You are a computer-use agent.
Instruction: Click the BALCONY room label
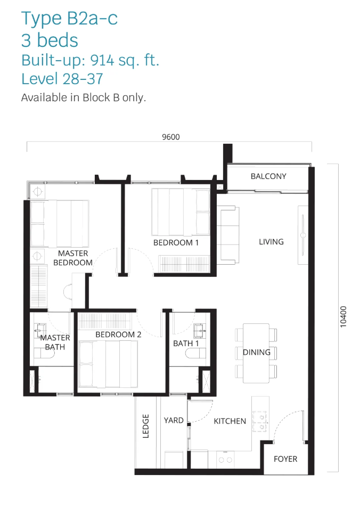click(x=268, y=176)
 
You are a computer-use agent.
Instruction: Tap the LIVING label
click(x=271, y=242)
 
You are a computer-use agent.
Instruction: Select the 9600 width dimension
click(x=171, y=137)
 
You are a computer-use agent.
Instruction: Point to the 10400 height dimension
click(x=343, y=317)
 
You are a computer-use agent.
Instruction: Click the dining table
click(x=256, y=353)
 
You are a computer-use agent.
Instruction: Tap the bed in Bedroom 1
click(x=181, y=212)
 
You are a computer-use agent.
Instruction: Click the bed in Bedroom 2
click(x=108, y=364)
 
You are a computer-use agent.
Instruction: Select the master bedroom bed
click(x=60, y=224)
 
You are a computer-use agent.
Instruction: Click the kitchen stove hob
click(x=259, y=421)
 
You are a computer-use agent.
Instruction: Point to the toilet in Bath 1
click(x=195, y=353)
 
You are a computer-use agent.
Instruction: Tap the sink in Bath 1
click(x=200, y=331)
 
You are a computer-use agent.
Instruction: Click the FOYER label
click(x=285, y=459)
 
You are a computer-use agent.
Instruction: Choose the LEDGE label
click(x=146, y=426)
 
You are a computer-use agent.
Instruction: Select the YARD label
click(x=174, y=420)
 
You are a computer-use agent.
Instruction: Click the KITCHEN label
click(x=230, y=421)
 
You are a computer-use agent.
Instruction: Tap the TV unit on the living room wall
click(x=302, y=235)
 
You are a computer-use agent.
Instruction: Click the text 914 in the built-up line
click(x=102, y=60)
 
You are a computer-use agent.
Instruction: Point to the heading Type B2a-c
click(x=69, y=18)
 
